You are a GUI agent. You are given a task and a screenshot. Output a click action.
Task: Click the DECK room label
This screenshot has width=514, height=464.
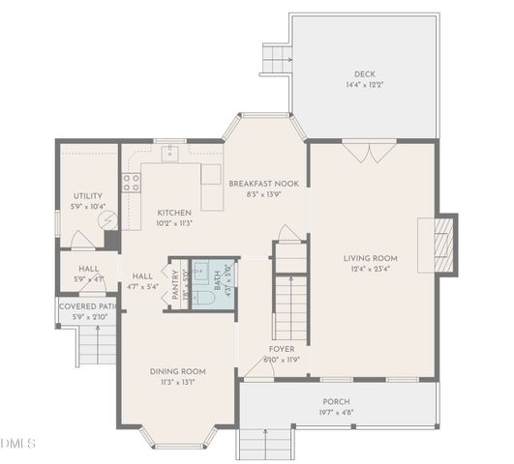364,73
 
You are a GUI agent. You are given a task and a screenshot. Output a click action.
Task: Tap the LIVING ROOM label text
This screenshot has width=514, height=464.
371,258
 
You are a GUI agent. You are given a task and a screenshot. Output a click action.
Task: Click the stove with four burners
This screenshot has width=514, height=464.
130,184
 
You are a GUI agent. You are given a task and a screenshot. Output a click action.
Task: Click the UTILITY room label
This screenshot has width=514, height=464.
88,196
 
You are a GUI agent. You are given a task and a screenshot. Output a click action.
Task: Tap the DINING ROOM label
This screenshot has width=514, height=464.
177,370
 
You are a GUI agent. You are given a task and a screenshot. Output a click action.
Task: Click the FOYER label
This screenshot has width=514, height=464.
282,349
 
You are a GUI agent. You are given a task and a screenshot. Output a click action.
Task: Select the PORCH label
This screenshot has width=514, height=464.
337,401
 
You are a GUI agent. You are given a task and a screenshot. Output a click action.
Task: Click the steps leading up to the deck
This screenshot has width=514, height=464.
275,59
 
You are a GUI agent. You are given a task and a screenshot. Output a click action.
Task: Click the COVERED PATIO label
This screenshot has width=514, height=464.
88,306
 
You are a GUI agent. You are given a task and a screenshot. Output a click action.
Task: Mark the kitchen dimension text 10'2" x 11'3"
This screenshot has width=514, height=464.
174,222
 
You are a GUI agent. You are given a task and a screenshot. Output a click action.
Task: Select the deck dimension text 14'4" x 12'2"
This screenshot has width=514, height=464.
364,85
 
